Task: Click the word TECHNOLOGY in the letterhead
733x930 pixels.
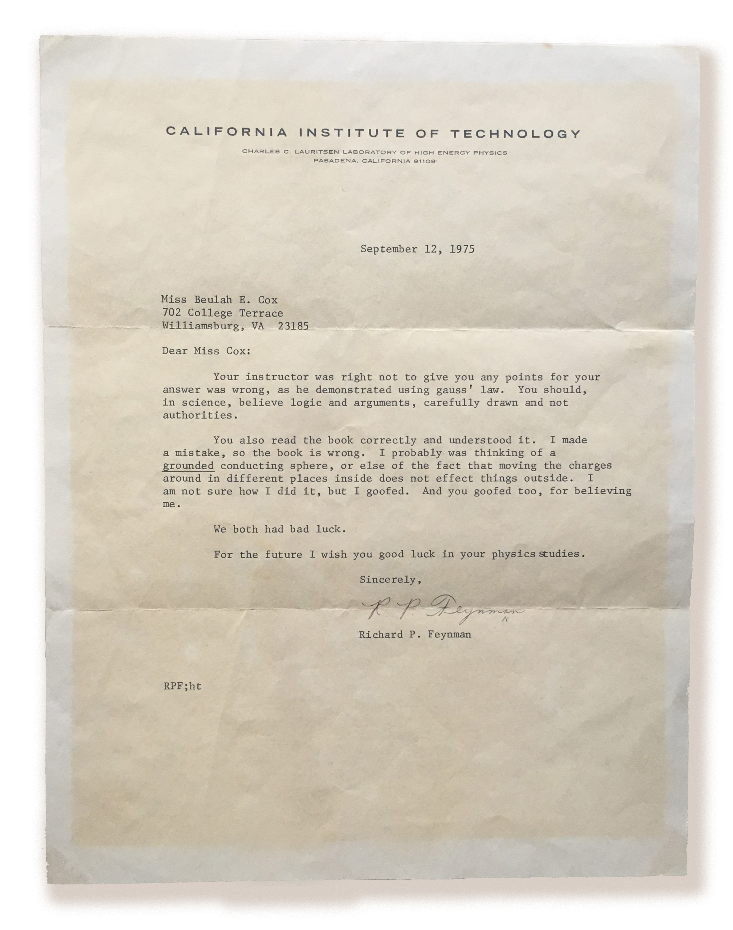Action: point(516,134)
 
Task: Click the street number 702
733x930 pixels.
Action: point(171,313)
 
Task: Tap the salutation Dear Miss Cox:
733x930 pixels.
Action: point(206,351)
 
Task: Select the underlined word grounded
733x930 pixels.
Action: point(188,466)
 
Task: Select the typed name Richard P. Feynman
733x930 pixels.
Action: point(415,634)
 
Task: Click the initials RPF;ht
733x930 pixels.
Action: point(182,686)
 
